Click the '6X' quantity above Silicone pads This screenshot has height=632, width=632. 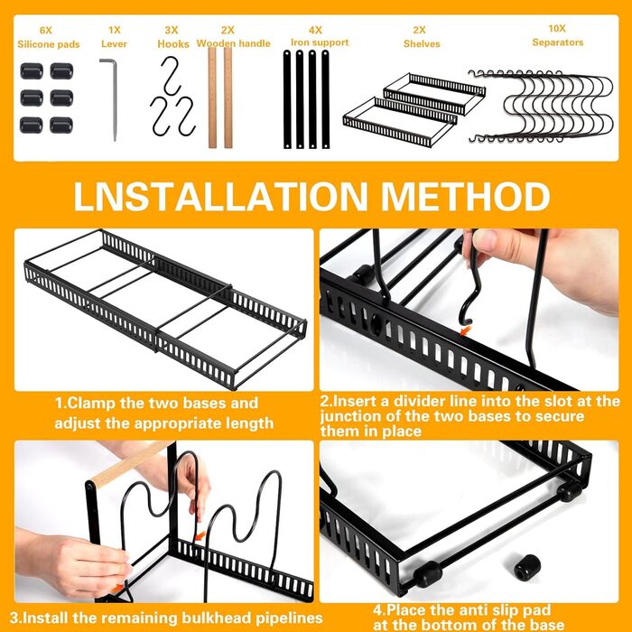click(45, 30)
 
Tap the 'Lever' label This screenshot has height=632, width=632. click(114, 44)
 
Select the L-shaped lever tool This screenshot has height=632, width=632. click(109, 99)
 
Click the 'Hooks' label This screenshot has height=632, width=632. click(173, 44)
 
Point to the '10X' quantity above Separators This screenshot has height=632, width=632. click(557, 29)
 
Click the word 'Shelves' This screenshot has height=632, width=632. click(422, 44)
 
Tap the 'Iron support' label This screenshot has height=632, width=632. click(320, 42)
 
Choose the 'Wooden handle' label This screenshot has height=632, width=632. click(233, 43)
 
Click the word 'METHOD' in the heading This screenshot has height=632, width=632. click(466, 197)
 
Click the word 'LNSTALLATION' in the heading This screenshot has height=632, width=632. click(220, 197)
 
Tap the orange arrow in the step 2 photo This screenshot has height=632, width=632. click(466, 331)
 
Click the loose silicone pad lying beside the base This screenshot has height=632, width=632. click(527, 567)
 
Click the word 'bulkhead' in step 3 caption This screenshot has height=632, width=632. click(217, 618)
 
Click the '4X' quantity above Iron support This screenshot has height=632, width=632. click(315, 30)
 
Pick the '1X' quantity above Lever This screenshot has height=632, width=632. click(115, 30)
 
